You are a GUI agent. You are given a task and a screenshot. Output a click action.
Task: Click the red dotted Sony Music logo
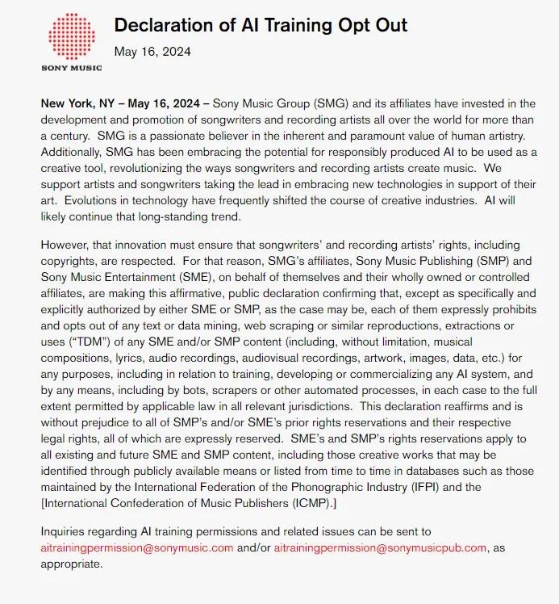[x=71, y=38]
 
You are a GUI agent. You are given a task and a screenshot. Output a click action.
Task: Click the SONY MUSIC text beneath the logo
[x=71, y=68]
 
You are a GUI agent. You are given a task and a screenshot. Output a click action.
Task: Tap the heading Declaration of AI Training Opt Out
[x=261, y=25]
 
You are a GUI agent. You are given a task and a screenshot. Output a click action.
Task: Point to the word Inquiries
[x=68, y=532]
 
